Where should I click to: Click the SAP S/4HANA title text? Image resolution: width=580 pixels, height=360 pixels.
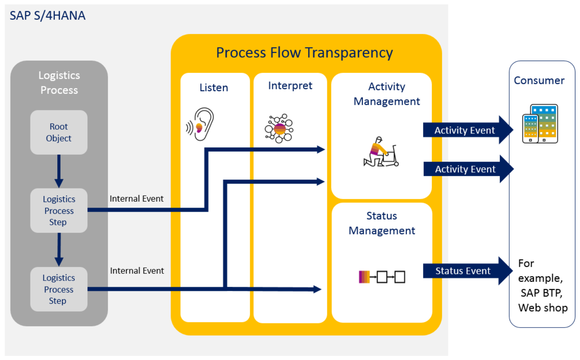pyautogui.click(x=47, y=15)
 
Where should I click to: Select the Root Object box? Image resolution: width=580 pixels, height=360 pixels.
pyautogui.click(x=59, y=132)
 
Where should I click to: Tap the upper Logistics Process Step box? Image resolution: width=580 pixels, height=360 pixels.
pyautogui.click(x=59, y=211)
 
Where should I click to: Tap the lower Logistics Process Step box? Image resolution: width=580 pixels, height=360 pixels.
pyautogui.click(x=59, y=289)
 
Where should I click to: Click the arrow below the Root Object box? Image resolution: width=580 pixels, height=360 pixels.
pyautogui.click(x=59, y=171)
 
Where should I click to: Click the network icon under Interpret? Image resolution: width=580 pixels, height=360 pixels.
pyautogui.click(x=279, y=128)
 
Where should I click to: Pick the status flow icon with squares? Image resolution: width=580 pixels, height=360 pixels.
pyautogui.click(x=382, y=277)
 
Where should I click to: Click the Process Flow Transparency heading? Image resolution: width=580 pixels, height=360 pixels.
pyautogui.click(x=304, y=53)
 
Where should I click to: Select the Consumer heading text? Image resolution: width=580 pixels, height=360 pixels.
pyautogui.click(x=539, y=80)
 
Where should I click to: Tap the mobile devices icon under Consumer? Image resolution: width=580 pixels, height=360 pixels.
pyautogui.click(x=540, y=124)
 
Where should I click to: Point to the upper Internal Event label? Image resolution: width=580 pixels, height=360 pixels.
pyautogui.click(x=136, y=199)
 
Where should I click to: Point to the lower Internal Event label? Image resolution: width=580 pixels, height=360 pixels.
pyautogui.click(x=137, y=271)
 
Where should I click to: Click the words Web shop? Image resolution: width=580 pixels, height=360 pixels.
pyautogui.click(x=543, y=308)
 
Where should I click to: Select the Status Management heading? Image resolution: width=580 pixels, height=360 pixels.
pyautogui.click(x=382, y=223)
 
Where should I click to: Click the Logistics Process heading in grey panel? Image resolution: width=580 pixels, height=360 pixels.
pyautogui.click(x=59, y=83)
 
